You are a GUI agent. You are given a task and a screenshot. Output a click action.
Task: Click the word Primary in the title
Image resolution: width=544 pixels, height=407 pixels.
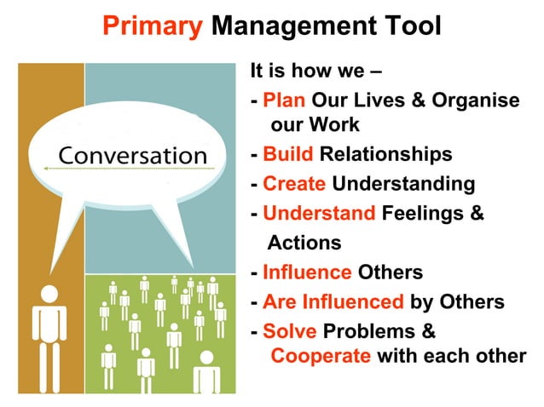coord(153,26)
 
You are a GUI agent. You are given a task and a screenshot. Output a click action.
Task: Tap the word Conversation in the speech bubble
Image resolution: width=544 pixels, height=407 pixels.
coord(132,156)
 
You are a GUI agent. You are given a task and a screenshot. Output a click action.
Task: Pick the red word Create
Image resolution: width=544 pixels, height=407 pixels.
coord(294,184)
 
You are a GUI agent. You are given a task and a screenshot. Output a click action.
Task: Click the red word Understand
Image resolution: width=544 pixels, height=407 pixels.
coord(319,213)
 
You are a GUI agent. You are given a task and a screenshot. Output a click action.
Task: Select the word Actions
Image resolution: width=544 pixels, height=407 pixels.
coord(304,243)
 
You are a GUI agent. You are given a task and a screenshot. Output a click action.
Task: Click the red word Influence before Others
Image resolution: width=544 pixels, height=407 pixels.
coord(307,272)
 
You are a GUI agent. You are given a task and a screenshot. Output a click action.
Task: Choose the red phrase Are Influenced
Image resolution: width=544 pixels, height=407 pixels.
coord(333,301)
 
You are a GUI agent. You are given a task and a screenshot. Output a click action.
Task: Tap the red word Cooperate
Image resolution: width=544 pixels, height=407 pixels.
coord(321,355)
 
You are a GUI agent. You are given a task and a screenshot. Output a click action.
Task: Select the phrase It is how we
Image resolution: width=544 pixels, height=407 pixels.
coord(299,72)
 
